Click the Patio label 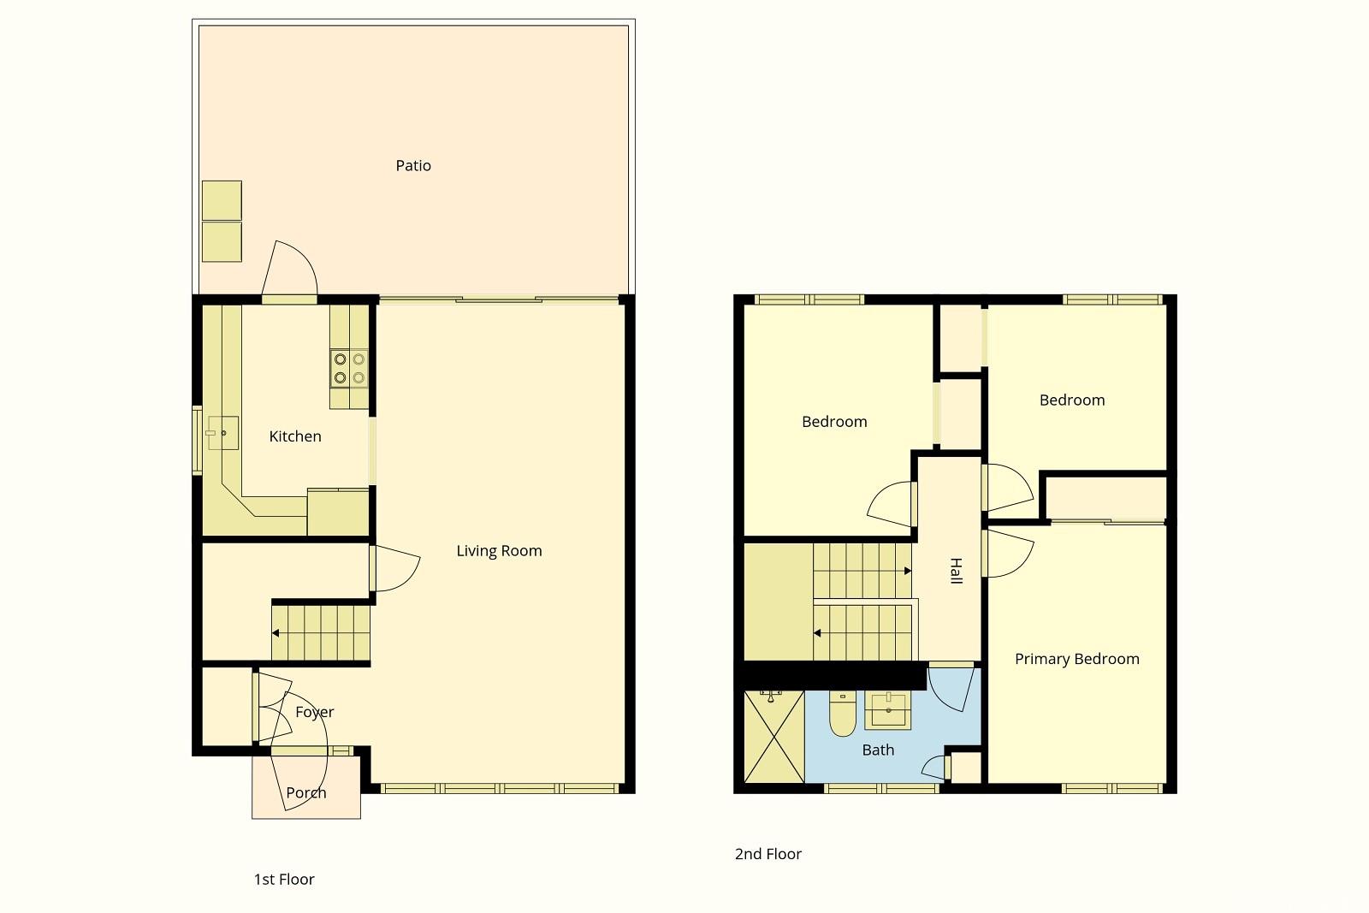(413, 166)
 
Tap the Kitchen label (295, 436)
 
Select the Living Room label (500, 551)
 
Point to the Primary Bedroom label (1077, 660)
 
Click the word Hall (957, 571)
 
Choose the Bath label (878, 750)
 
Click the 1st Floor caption (284, 880)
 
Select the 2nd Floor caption (768, 854)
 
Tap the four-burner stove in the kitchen (350, 369)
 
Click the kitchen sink (222, 433)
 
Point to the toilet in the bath (842, 714)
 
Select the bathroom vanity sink (887, 711)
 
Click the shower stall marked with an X (773, 737)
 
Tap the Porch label (306, 793)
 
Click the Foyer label (315, 712)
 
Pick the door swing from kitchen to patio (289, 269)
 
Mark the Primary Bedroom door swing (1009, 554)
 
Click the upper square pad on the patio (222, 200)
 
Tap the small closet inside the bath (966, 768)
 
